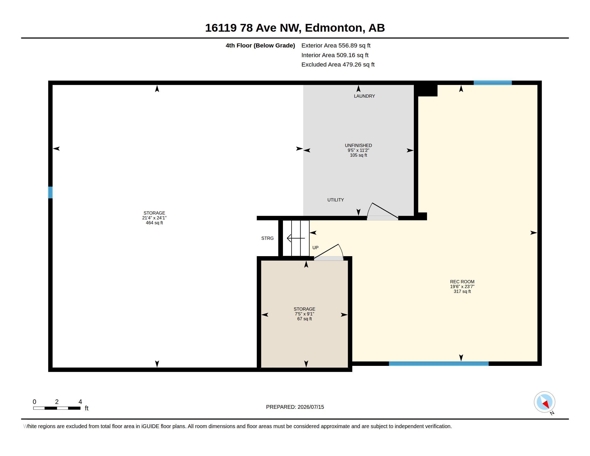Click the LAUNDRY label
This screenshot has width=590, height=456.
tap(364, 96)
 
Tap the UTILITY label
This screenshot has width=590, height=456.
tap(335, 200)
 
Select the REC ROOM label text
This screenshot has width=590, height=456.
tap(462, 282)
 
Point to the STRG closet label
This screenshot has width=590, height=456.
tap(267, 238)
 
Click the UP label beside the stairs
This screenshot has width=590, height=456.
tap(315, 248)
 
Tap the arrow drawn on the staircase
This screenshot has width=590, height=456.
tap(296, 238)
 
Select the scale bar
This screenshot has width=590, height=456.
tap(57, 408)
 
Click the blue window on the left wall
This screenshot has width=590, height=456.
tap(50, 192)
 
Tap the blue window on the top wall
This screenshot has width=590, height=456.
tap(492, 83)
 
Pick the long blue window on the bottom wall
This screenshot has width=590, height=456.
tap(438, 364)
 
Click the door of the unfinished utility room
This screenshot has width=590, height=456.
tap(382, 211)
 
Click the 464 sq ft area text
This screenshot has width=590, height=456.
tap(154, 223)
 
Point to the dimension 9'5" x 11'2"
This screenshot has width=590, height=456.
tap(358, 150)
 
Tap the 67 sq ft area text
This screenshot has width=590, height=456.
tap(304, 319)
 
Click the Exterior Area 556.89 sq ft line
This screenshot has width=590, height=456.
tap(336, 46)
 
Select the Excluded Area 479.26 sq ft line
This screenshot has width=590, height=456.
tap(338, 65)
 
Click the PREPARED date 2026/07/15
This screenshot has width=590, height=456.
tap(311, 407)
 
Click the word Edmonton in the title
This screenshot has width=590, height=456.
tap(333, 28)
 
